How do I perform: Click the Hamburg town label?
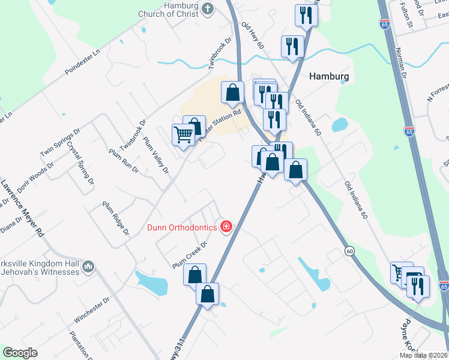328,77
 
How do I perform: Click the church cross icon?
208,8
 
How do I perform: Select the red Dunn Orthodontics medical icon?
226,226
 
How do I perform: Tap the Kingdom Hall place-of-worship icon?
88,266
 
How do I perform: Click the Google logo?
20,353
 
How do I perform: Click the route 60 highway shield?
349,249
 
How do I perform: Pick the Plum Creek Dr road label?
190,254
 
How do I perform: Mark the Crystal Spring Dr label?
81,163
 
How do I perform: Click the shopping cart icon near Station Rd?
183,134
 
